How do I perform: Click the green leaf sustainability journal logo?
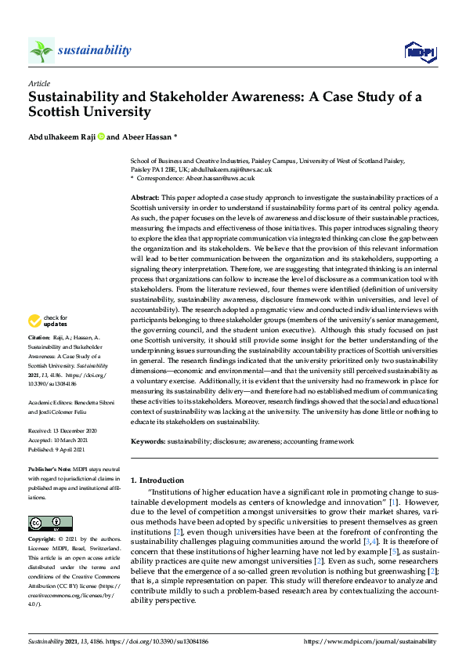[41, 51]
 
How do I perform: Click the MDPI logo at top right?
[419, 52]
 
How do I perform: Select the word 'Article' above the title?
[38, 82]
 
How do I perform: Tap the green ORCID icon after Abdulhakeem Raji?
[100, 137]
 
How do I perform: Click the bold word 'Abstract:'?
[145, 198]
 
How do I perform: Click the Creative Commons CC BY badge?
[40, 523]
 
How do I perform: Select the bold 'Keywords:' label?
[147, 442]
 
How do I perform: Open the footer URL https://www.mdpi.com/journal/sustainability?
[371, 641]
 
